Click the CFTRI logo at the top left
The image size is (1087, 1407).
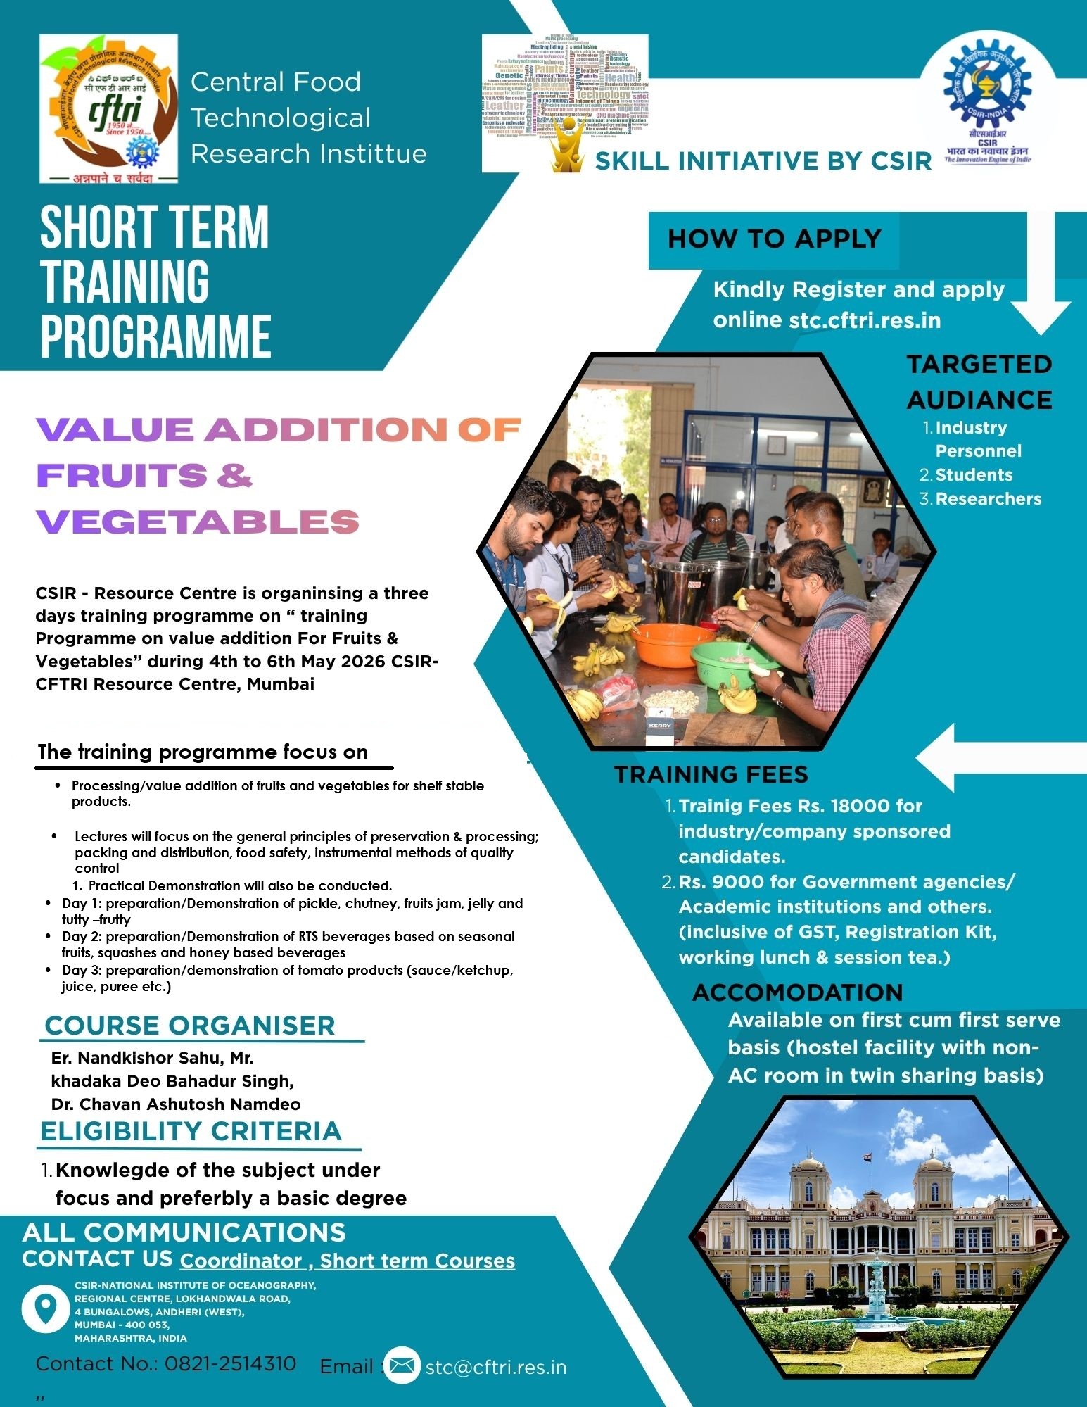click(108, 108)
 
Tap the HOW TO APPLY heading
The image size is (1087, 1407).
click(774, 239)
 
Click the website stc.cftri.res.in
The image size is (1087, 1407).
click(865, 320)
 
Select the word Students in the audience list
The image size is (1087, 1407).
click(974, 475)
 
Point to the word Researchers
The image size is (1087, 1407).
click(988, 499)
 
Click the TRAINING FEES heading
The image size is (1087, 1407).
click(711, 774)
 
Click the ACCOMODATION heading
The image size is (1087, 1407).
click(797, 992)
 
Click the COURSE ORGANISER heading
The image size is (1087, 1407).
click(190, 1026)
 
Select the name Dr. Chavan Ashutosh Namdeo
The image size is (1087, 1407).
click(176, 1104)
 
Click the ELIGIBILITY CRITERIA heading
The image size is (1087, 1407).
click(191, 1131)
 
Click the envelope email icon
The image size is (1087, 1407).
click(402, 1366)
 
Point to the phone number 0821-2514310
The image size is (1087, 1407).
click(231, 1364)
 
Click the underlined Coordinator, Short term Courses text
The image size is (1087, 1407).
click(348, 1261)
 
